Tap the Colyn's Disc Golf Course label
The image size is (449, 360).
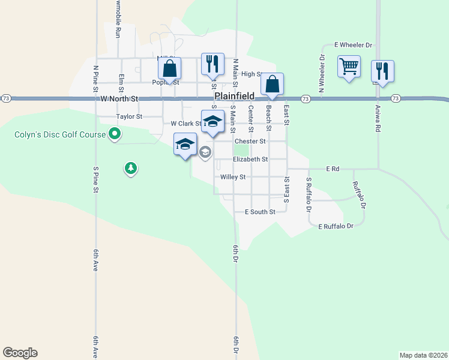(60, 134)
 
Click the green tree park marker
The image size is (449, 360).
(130, 168)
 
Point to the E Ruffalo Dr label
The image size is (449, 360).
(336, 226)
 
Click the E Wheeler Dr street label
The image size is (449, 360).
(354, 45)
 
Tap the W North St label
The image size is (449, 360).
(119, 98)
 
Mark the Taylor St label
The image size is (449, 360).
(129, 116)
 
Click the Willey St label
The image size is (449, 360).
(233, 177)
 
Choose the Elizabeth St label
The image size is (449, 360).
(250, 159)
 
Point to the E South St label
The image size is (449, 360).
(260, 212)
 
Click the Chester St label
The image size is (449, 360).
(250, 142)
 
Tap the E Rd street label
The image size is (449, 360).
(333, 169)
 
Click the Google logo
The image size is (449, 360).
(20, 353)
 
